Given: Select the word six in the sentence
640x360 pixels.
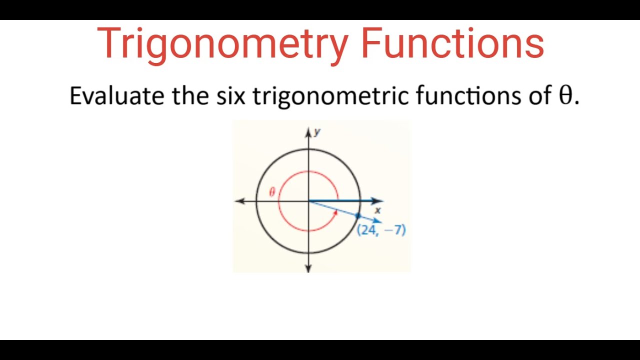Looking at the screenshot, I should point(230,95).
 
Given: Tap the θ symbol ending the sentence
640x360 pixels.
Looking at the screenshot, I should point(565,95).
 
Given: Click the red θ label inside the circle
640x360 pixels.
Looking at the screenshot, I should point(272,192).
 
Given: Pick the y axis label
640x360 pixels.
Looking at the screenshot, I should point(317,132).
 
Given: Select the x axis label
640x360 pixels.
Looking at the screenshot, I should point(378,210).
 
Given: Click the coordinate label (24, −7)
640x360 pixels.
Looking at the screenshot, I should point(381,230).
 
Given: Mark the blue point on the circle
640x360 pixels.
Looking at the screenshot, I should point(357,215).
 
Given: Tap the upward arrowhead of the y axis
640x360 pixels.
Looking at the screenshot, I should point(308,132).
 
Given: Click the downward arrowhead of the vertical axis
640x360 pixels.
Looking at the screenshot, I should point(308,268).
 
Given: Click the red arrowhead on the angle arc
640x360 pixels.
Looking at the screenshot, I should point(335,212).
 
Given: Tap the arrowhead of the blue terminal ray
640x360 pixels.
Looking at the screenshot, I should point(378,221).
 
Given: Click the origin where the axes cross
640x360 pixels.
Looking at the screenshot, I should point(308,201).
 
